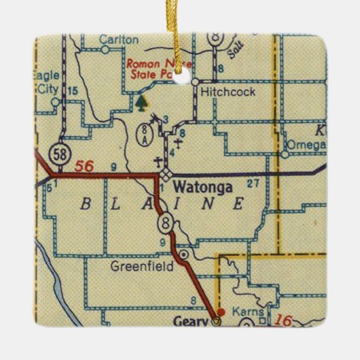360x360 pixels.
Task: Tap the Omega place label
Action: coord(306,145)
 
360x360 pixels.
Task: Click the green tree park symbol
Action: coord(141,103)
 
